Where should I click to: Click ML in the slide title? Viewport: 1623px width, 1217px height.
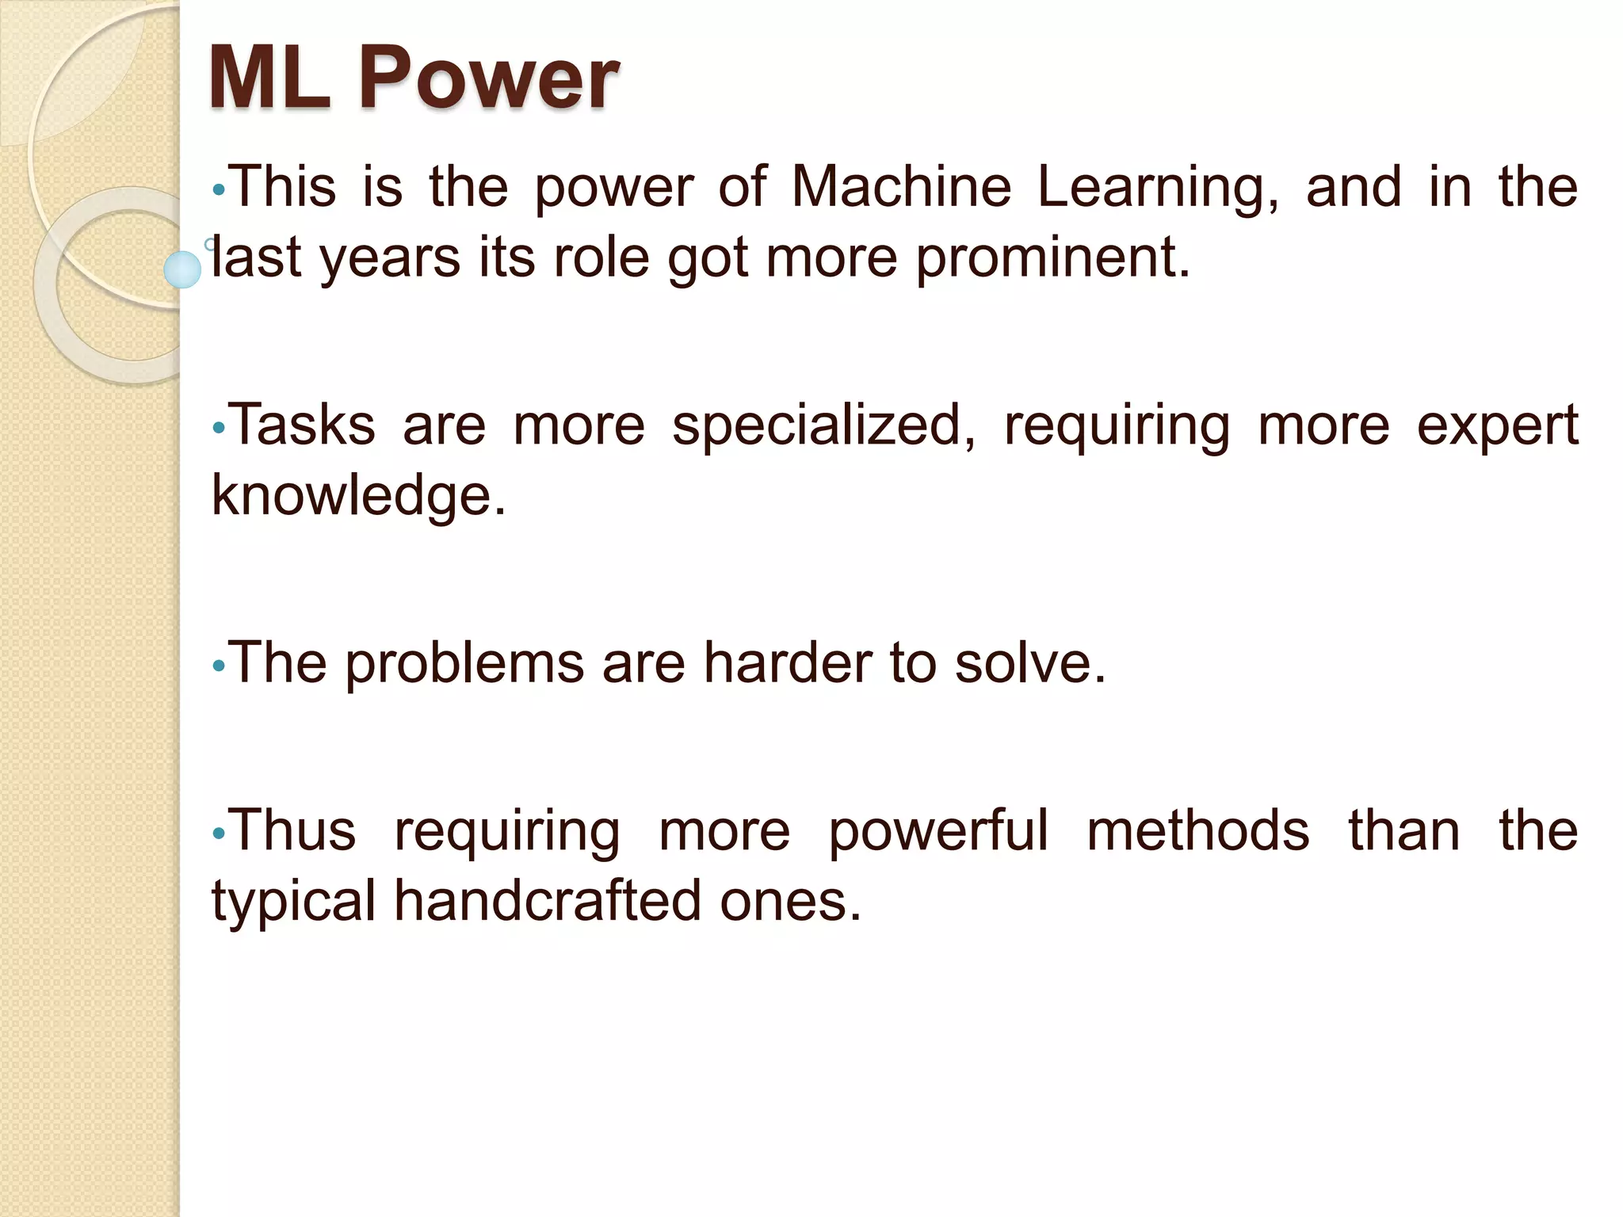click(269, 78)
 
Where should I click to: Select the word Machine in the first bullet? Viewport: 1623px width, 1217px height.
click(902, 187)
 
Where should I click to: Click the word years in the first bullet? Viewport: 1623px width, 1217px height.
click(390, 259)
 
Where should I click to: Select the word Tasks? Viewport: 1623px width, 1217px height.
click(303, 425)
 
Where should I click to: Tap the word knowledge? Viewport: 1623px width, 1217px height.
click(358, 497)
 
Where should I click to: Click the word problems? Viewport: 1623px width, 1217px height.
click(464, 664)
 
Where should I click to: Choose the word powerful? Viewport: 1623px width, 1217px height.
click(938, 832)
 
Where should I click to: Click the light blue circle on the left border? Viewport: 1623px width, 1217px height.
click(182, 269)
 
